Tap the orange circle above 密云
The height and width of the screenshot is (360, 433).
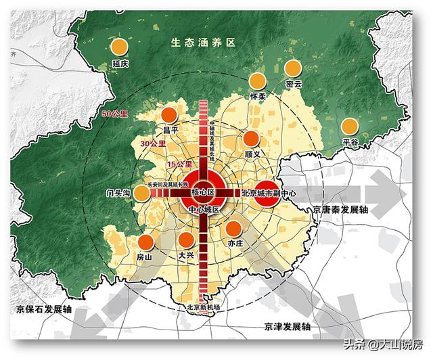click(292, 68)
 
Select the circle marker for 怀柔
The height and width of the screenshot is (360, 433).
click(257, 81)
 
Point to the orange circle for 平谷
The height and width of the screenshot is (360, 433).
click(349, 126)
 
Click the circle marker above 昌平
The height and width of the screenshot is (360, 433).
click(169, 114)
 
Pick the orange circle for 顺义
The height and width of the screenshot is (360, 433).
click(251, 139)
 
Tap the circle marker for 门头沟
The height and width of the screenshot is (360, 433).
click(141, 194)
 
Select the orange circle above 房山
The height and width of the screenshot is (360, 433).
click(145, 242)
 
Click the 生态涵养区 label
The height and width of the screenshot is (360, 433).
click(202, 42)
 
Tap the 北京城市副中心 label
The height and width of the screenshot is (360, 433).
click(269, 194)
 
